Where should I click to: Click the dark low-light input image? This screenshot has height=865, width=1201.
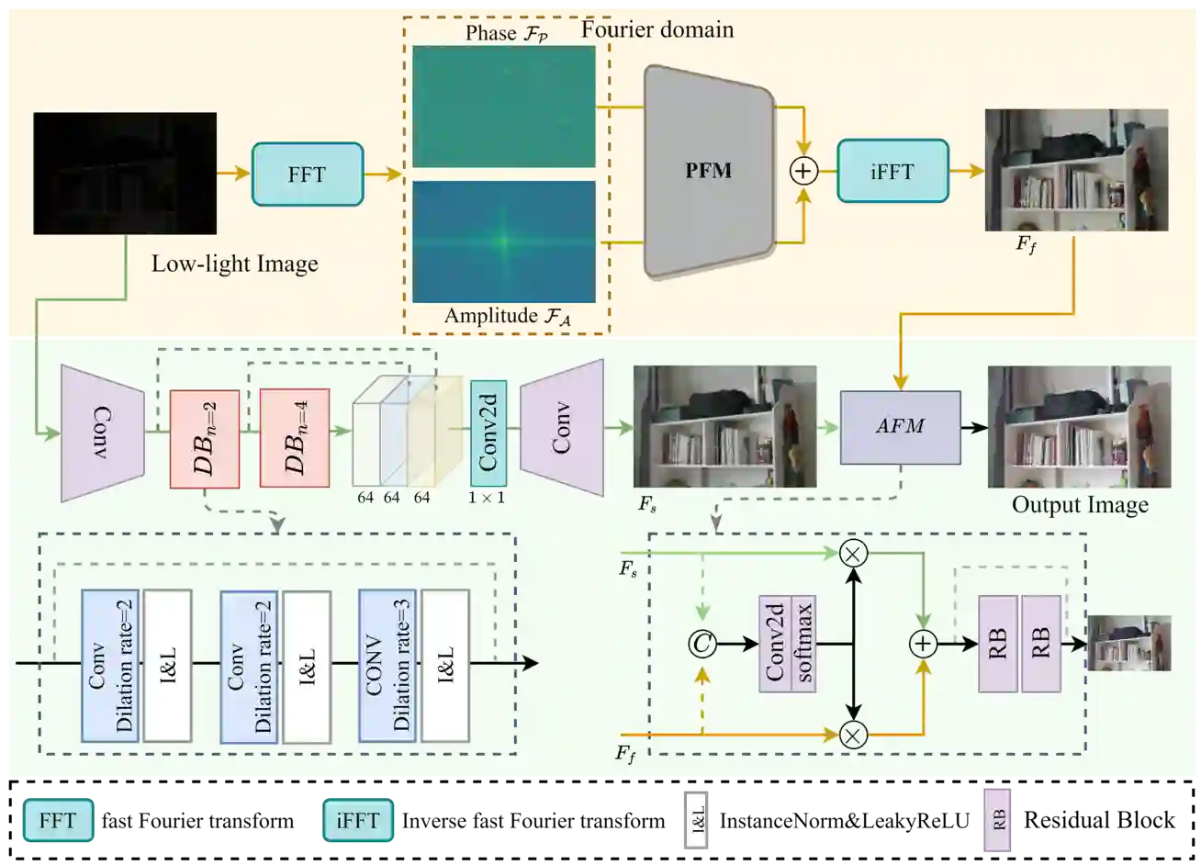125,173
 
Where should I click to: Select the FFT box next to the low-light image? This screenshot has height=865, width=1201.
307,174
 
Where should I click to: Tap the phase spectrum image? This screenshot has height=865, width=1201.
503,106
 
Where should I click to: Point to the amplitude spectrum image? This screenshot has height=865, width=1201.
503,242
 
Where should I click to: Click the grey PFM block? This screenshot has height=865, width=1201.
709,171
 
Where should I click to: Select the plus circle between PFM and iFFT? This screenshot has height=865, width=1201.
803,172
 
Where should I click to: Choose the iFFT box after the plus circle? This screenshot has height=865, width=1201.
892,172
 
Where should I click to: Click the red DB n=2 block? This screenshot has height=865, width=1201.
204,439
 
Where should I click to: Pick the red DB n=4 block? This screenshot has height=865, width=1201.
294,438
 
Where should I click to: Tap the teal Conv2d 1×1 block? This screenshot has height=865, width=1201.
488,432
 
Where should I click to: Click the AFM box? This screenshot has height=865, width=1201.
900,427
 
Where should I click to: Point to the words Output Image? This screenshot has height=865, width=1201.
1080,505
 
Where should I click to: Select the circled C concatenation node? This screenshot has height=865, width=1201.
702,645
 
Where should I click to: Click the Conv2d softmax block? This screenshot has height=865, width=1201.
787,644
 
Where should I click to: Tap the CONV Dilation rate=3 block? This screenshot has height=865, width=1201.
387,665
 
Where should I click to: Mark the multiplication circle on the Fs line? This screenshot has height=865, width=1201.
854,553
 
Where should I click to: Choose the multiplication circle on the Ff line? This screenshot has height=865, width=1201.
854,735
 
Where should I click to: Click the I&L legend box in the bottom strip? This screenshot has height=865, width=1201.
697,818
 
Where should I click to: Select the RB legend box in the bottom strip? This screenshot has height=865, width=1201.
997,820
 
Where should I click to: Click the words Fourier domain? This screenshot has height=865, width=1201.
657,29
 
